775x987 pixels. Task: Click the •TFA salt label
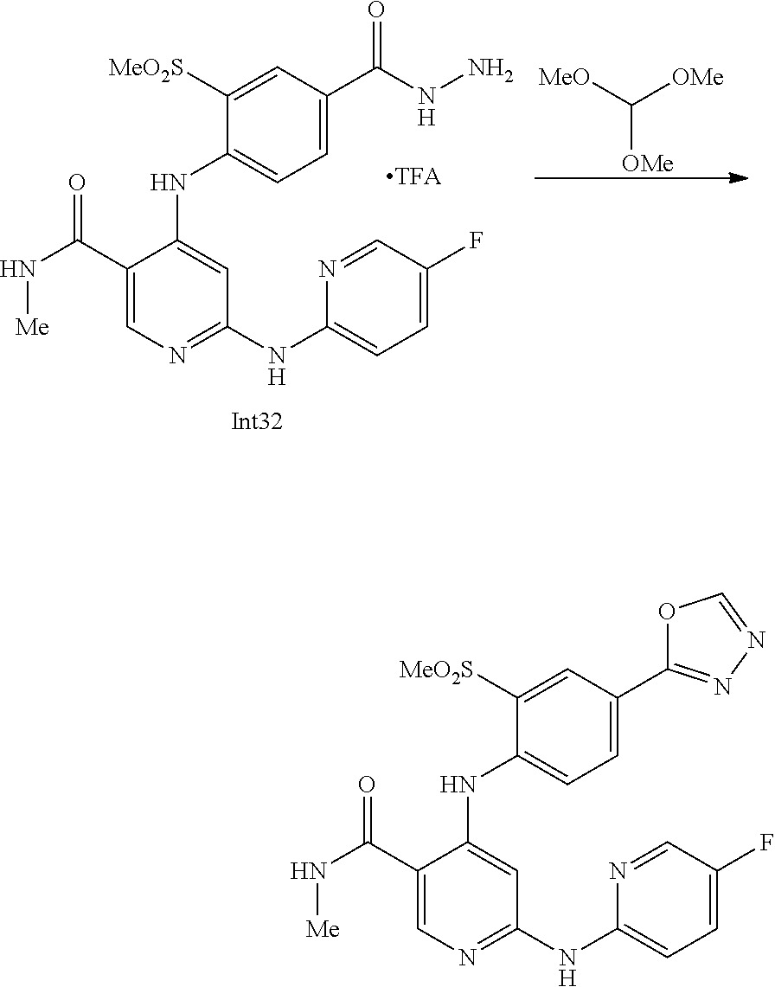tap(413, 178)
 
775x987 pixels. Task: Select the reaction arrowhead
tap(737, 177)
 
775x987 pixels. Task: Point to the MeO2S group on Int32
tap(147, 67)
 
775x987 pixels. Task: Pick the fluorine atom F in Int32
tap(476, 240)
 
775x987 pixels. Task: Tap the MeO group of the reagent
tap(564, 78)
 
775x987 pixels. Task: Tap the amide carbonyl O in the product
tap(366, 785)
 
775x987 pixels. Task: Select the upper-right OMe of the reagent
tap(697, 78)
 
